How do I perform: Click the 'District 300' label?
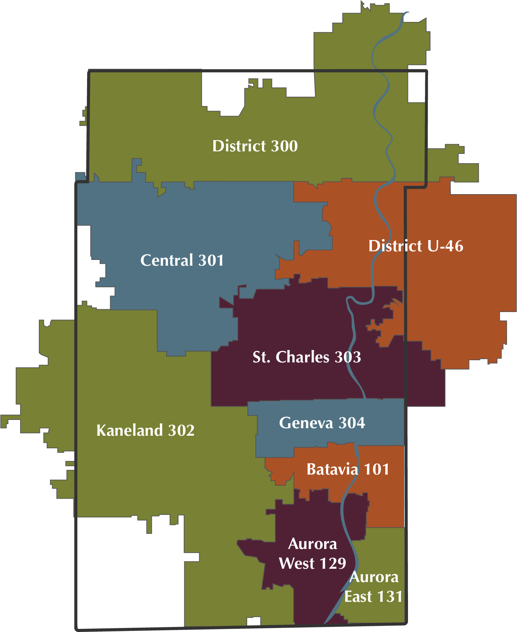tap(255, 146)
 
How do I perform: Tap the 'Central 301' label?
tap(182, 260)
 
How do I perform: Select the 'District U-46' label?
tap(416, 246)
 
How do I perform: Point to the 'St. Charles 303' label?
tap(307, 357)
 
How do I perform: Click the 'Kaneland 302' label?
tap(145, 430)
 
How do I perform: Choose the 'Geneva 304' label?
tap(322, 423)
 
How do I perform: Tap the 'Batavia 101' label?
tap(348, 470)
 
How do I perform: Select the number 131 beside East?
tap(389, 597)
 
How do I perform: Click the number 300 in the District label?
tap(284, 146)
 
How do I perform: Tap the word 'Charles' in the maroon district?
tap(302, 357)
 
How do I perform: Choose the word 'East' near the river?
tap(358, 597)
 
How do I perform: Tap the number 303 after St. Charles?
tap(348, 357)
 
